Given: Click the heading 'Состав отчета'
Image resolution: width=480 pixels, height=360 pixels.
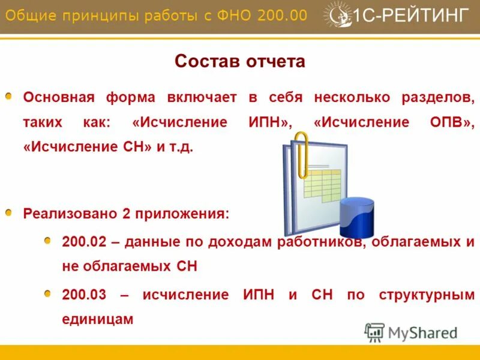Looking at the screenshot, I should pyautogui.click(x=239, y=62).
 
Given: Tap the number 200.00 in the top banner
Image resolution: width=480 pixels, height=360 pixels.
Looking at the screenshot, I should pyautogui.click(x=282, y=15).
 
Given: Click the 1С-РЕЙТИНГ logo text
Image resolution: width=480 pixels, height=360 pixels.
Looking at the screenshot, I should pyautogui.click(x=412, y=15).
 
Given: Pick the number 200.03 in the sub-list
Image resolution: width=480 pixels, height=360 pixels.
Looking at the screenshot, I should pyautogui.click(x=84, y=295).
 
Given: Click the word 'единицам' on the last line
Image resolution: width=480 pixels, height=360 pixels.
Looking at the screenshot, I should pyautogui.click(x=97, y=319).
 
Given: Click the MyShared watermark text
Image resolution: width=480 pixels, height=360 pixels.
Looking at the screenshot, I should pyautogui.click(x=423, y=332).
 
